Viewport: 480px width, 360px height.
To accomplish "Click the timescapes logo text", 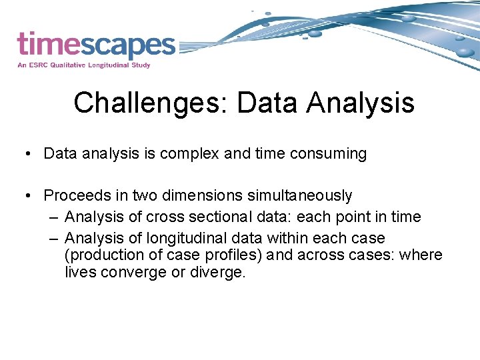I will [96, 45].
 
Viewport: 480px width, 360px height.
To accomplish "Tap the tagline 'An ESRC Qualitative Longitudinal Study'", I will [84, 65].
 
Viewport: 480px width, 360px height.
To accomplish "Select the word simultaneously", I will [300, 196].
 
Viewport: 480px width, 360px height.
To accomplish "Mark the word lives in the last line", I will [80, 273].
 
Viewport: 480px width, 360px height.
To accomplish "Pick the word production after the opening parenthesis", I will [102, 255].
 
